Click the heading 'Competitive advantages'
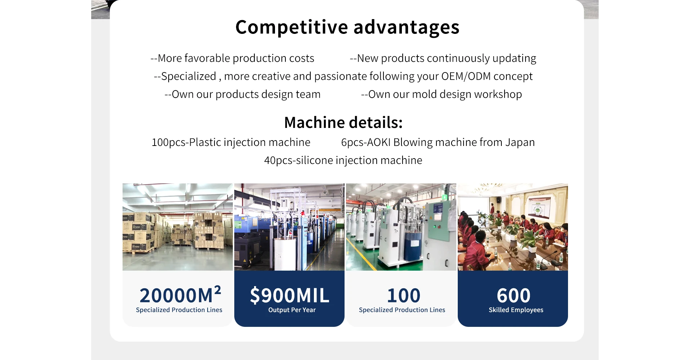(x=347, y=27)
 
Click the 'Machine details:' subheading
(x=343, y=123)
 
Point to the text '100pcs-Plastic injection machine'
(x=231, y=143)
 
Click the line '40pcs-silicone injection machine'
(x=343, y=160)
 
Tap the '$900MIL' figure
(x=289, y=295)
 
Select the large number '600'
(x=513, y=295)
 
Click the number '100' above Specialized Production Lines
(x=404, y=295)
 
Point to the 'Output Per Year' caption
(x=292, y=310)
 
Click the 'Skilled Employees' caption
(x=516, y=310)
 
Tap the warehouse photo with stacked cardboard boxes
(x=178, y=227)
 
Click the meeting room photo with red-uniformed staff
(x=513, y=227)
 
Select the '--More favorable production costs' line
(x=232, y=58)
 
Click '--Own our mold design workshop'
(x=442, y=94)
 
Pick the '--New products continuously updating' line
(x=443, y=58)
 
